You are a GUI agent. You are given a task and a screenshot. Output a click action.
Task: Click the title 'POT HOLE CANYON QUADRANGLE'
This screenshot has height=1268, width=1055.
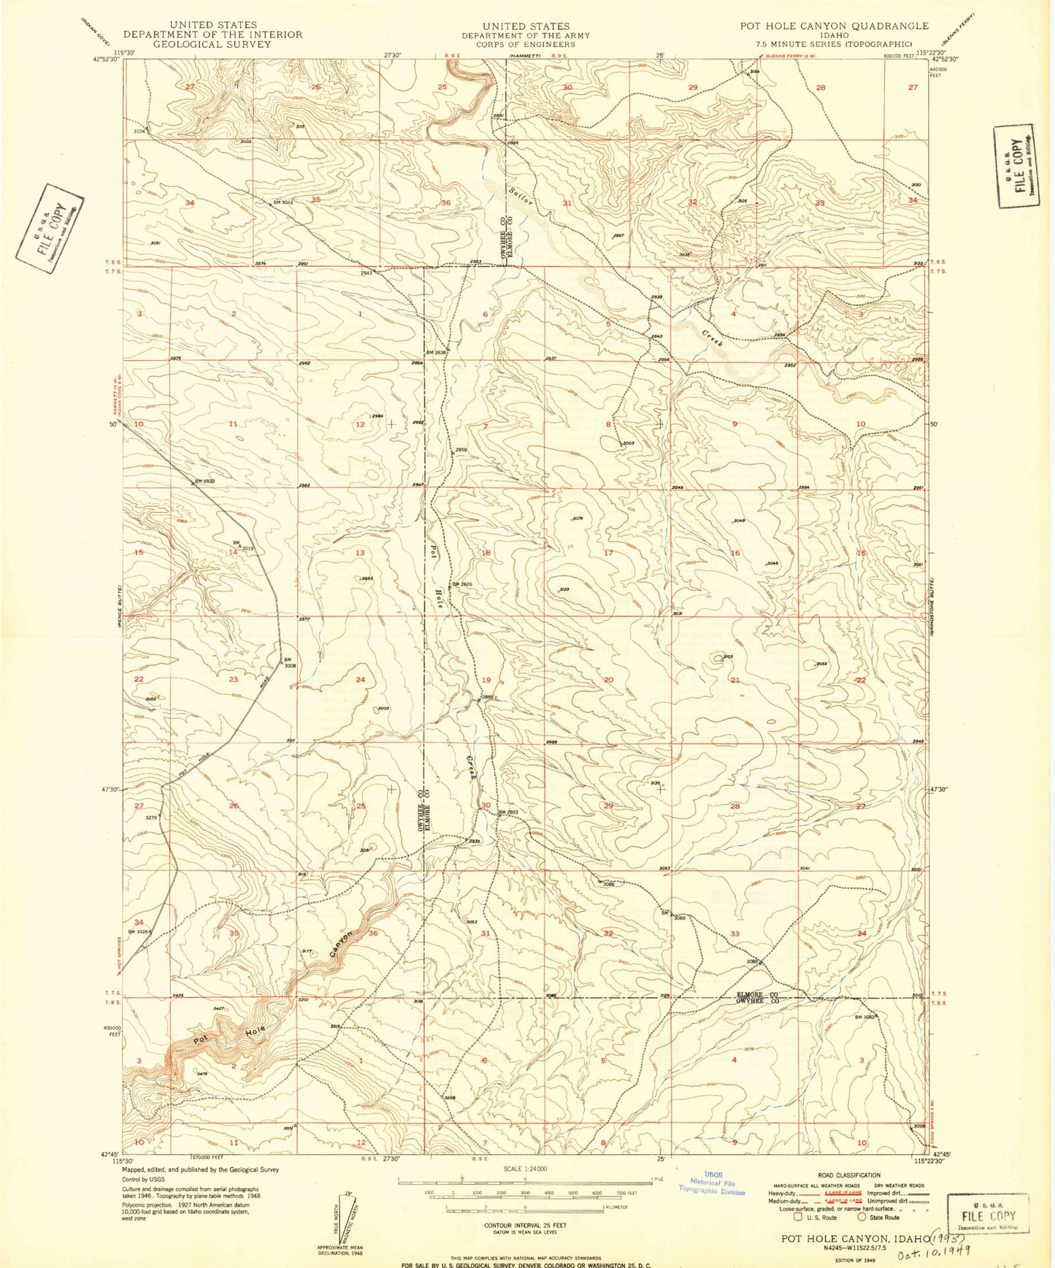834,26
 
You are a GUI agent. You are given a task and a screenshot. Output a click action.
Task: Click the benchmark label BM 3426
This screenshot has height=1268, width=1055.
139,931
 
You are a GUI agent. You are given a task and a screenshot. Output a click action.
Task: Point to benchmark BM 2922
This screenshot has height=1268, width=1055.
507,812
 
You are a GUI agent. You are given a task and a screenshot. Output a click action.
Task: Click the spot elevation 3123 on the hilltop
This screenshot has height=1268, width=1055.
564,589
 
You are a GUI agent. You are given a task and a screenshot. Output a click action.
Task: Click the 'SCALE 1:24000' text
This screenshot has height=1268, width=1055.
524,1169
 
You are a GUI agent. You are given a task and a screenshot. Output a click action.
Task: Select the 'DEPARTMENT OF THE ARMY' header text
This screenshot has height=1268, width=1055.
525,35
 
